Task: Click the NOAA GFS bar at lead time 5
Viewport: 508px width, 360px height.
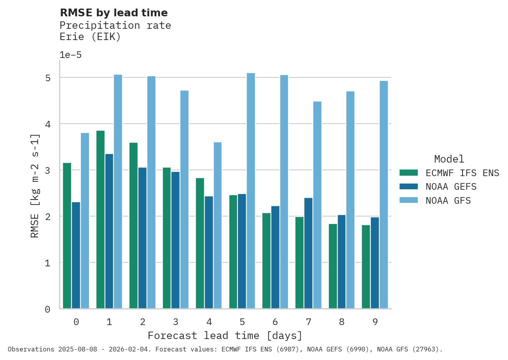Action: (251, 191)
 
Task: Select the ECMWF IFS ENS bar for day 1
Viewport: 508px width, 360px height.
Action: (100, 220)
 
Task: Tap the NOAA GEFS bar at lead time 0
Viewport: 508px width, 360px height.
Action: (76, 255)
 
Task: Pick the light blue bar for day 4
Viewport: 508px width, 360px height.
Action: (218, 225)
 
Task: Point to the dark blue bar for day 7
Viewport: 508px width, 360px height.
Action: (308, 253)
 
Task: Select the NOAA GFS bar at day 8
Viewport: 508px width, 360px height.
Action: (350, 200)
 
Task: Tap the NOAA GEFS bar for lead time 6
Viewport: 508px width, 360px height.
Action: (275, 257)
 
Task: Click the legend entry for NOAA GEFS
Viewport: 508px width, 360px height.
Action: (451, 187)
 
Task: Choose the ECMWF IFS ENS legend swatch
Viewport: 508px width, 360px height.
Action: (408, 173)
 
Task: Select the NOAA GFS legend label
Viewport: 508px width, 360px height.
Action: (448, 201)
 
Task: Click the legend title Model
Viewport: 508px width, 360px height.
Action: (449, 159)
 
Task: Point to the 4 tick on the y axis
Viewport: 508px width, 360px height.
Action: (48, 124)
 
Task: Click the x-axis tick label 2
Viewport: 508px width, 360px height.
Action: (143, 322)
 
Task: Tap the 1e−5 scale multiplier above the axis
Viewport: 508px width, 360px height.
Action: (70, 55)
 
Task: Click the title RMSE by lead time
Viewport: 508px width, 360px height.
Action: (114, 13)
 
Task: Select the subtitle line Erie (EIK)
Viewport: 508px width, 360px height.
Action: (90, 37)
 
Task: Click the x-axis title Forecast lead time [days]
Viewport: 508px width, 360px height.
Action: (225, 336)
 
